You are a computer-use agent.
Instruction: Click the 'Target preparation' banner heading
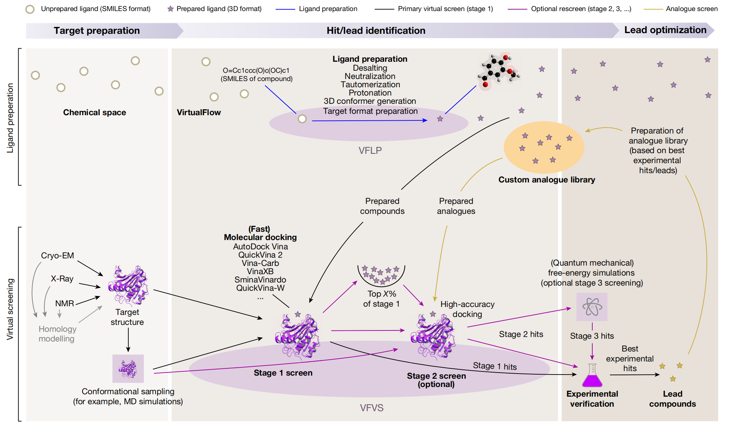coord(97,31)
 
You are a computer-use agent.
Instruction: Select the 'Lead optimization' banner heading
coord(665,30)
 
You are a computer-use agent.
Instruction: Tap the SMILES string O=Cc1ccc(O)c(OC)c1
coord(256,70)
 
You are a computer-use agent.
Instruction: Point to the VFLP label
coord(370,151)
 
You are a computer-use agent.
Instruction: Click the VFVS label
coord(372,408)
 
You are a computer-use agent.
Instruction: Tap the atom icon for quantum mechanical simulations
coord(592,307)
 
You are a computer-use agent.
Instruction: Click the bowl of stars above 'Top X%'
coord(381,275)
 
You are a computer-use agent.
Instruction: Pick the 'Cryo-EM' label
coord(57,256)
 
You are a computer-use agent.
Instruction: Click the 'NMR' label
coord(65,304)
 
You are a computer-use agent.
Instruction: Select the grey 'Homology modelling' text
coord(57,334)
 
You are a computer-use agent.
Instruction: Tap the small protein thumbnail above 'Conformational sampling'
coord(128,369)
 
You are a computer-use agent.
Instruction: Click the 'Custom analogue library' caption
coord(546,180)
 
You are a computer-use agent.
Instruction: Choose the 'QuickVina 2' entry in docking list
coord(260,255)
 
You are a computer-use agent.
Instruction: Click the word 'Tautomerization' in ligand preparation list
coord(370,85)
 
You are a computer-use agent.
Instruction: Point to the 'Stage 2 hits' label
coord(521,334)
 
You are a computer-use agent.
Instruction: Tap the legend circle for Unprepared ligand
coord(30,9)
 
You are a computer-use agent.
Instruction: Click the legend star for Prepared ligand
coord(170,9)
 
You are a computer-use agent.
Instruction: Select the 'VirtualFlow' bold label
coord(199,112)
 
